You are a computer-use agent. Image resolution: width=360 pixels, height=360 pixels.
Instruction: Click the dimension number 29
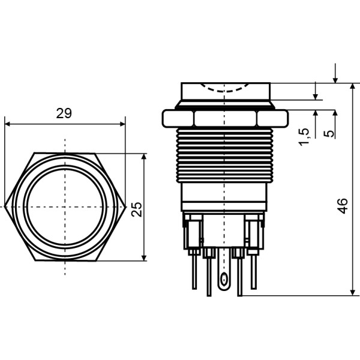click(x=64, y=113)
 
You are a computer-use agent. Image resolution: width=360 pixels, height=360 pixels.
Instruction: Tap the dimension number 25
click(x=137, y=208)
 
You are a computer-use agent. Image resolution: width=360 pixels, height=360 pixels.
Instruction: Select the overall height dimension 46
click(x=342, y=207)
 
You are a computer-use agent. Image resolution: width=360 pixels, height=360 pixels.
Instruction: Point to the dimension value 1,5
click(x=304, y=136)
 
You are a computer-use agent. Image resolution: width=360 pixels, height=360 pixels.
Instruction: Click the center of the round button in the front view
click(x=65, y=206)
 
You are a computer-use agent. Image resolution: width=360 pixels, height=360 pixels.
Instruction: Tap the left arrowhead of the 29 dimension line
click(x=8, y=125)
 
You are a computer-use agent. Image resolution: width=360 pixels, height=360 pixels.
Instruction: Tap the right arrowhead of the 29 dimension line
click(x=122, y=125)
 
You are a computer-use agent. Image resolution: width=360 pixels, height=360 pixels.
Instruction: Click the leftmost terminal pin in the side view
click(x=194, y=270)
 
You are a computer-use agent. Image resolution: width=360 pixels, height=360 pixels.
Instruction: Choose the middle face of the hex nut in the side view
click(x=225, y=118)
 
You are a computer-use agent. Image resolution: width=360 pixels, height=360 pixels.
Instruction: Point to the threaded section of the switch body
click(x=225, y=156)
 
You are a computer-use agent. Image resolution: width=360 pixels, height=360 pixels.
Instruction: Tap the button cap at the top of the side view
click(x=225, y=93)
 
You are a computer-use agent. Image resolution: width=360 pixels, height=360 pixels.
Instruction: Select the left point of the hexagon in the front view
click(x=6, y=206)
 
